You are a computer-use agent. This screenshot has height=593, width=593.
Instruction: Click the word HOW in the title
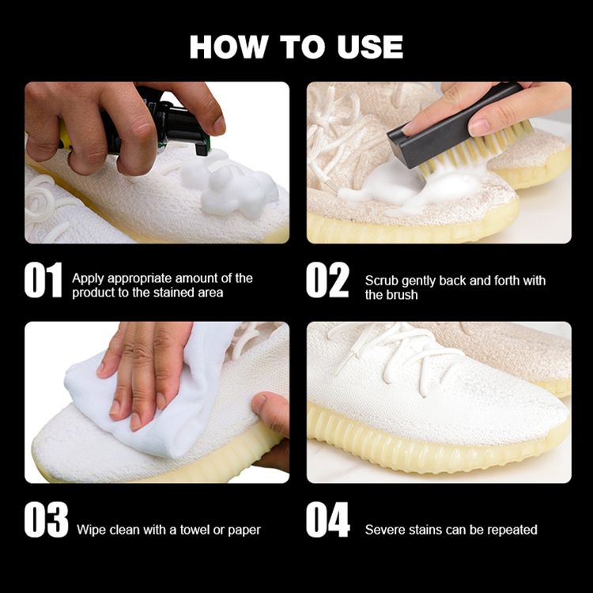tap(229, 47)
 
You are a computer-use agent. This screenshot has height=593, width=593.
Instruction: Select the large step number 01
tap(43, 280)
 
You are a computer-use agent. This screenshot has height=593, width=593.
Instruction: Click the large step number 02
tap(327, 280)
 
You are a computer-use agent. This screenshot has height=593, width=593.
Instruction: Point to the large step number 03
tap(46, 519)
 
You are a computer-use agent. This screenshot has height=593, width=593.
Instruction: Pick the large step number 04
tap(328, 519)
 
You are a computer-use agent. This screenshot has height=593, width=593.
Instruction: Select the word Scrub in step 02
tap(381, 281)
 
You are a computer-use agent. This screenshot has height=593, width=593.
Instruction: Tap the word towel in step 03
tap(195, 530)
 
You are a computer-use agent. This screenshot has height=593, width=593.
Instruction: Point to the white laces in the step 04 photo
tap(397, 352)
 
